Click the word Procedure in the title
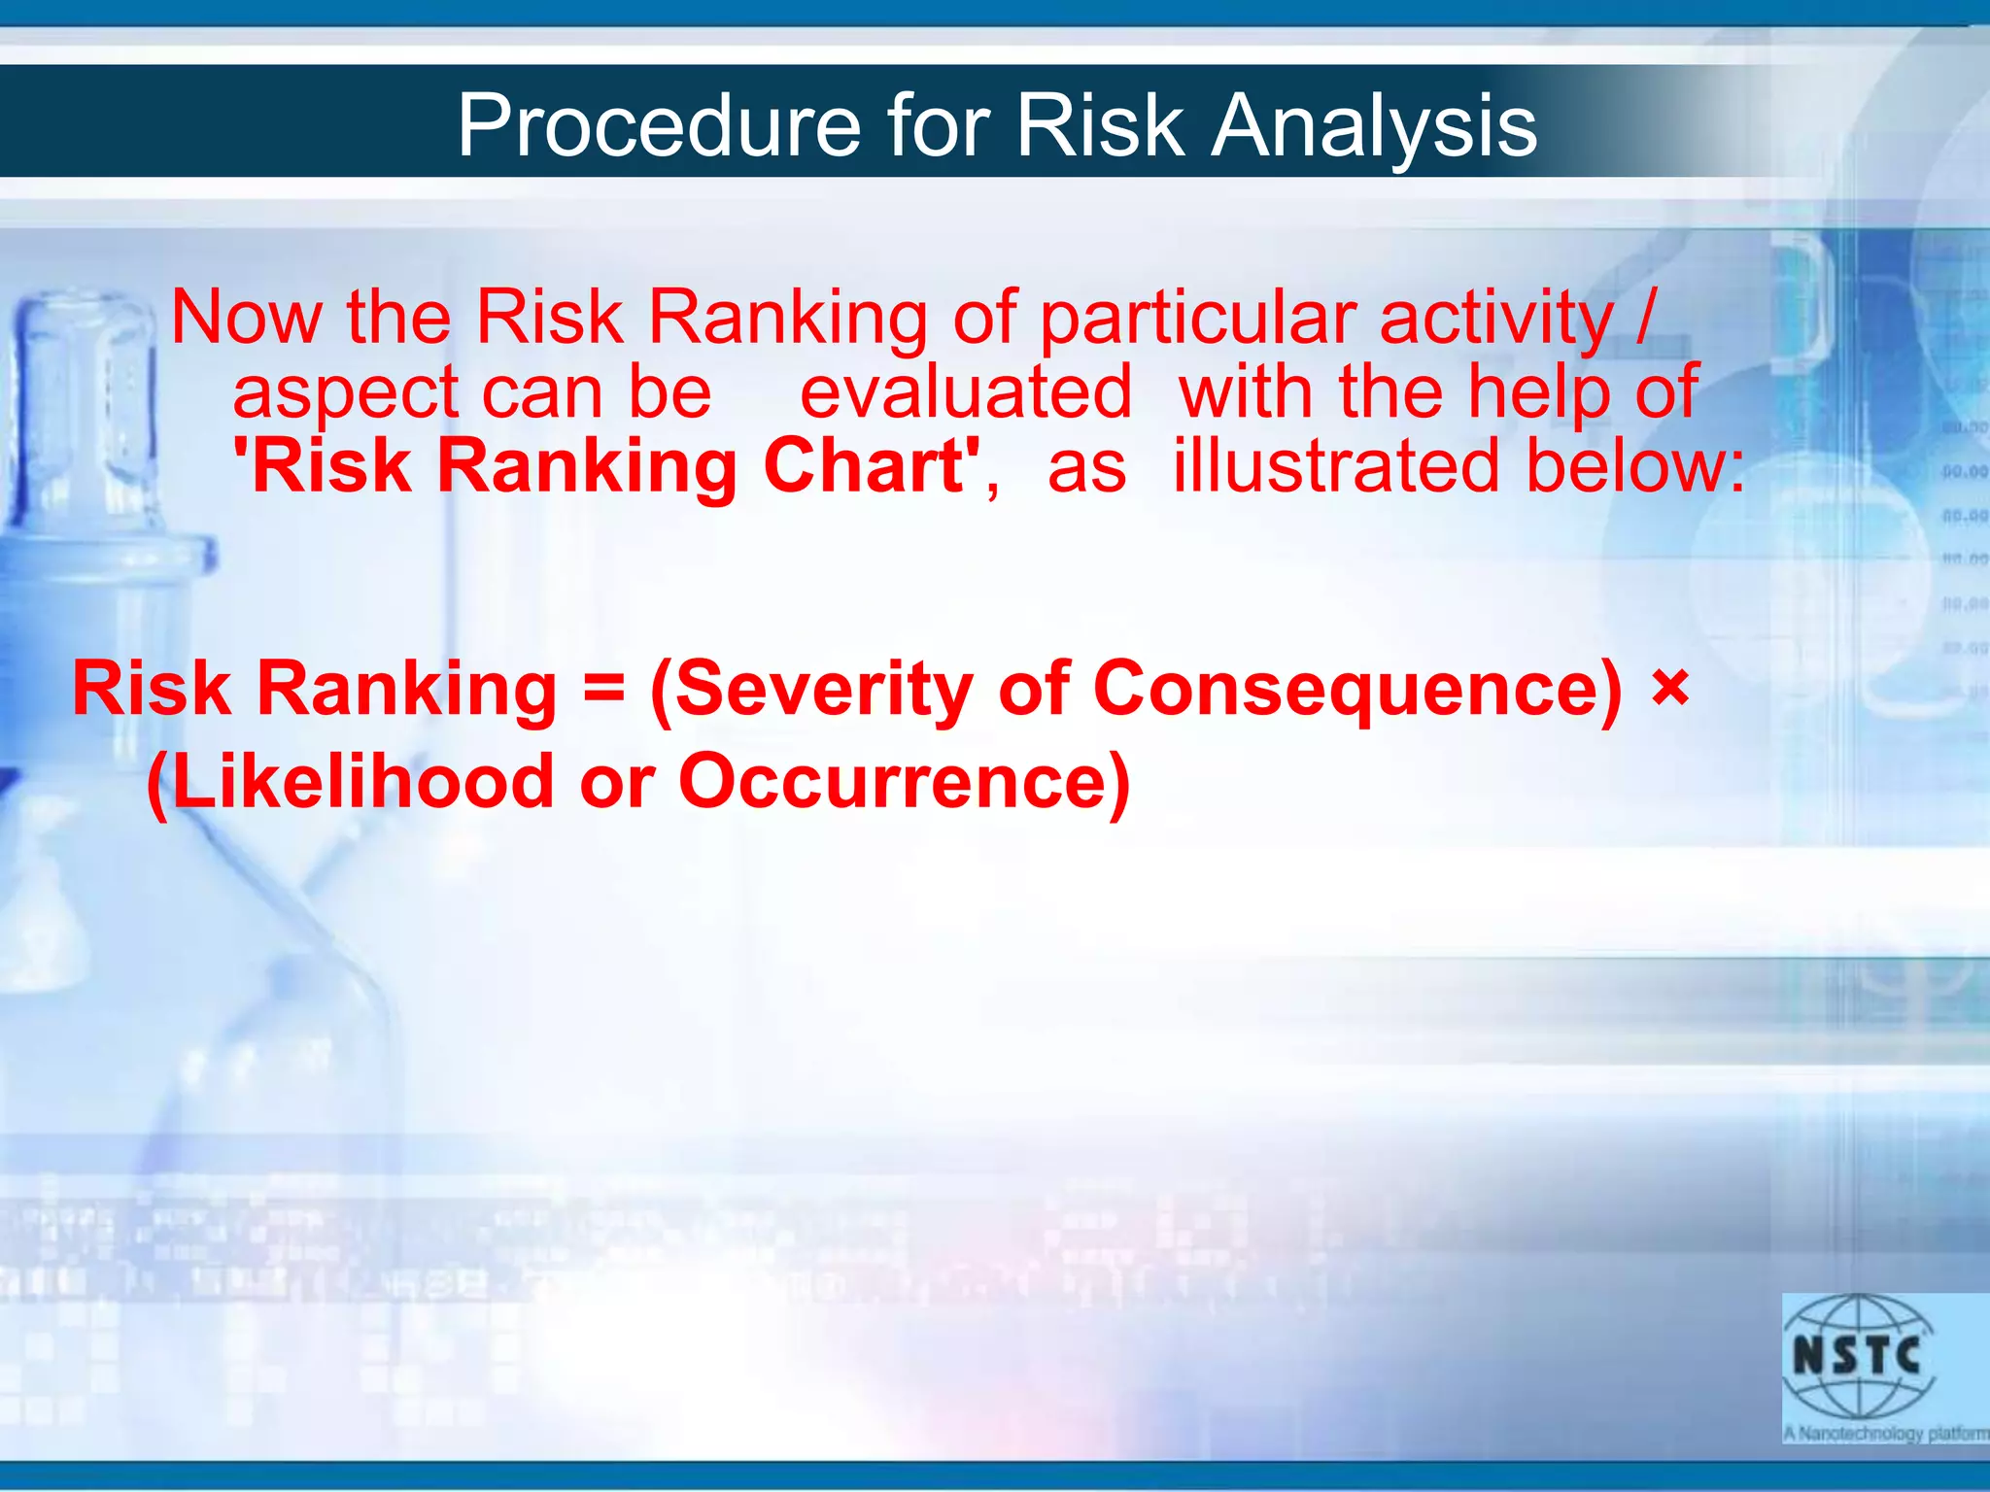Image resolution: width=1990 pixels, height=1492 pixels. [x=659, y=126]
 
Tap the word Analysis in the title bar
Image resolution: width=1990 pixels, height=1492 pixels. [x=1374, y=126]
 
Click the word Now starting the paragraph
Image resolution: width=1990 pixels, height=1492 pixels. [x=247, y=317]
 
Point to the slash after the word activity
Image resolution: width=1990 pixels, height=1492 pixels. [x=1643, y=317]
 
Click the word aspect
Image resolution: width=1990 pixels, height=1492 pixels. [x=345, y=393]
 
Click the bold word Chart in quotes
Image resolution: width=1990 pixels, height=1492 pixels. [x=864, y=466]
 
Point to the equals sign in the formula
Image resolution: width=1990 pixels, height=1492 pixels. [x=602, y=690]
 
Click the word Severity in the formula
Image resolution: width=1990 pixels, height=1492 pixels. [x=822, y=690]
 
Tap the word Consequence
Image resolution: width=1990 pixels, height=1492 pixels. [x=1356, y=690]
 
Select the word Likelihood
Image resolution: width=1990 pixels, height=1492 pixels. [x=360, y=782]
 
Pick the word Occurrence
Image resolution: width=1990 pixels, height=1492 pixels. [x=894, y=782]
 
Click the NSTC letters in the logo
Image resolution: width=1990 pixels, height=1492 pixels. [x=1857, y=1355]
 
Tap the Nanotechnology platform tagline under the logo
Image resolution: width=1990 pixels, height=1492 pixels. [x=1886, y=1434]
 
